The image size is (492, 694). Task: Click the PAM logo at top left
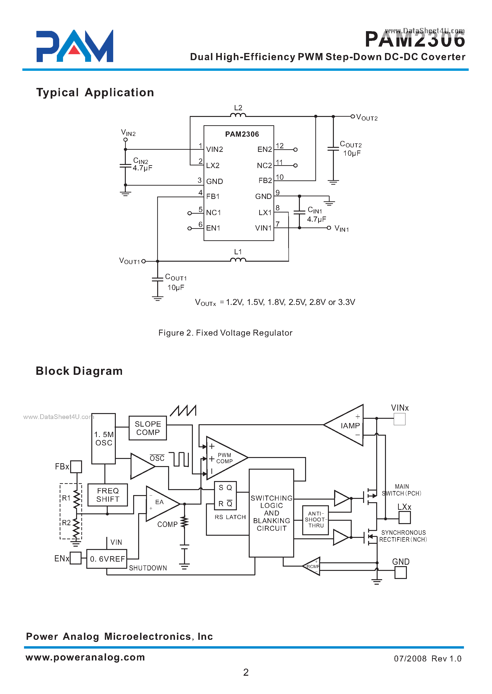74,46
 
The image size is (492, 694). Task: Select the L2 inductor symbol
238,115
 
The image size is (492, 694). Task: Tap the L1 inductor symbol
238,260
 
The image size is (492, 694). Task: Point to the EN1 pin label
213,228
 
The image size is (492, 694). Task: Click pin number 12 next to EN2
279,146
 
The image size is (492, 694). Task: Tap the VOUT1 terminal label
129,261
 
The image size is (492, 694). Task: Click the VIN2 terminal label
128,133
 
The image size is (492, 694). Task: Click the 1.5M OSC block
104,439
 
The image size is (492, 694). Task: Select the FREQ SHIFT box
107,495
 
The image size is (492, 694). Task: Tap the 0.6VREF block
107,559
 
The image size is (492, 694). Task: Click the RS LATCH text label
230,517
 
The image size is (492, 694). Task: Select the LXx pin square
404,517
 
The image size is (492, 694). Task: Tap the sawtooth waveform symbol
183,411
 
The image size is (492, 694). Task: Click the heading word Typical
58,92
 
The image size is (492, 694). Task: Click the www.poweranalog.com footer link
85,657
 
